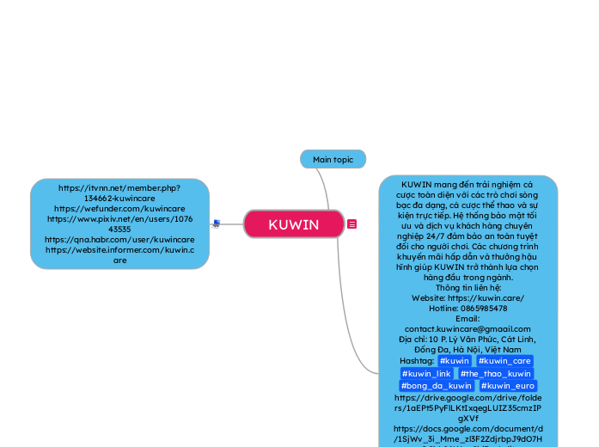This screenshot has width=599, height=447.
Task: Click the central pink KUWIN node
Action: click(x=293, y=224)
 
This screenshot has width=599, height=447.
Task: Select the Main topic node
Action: click(x=333, y=159)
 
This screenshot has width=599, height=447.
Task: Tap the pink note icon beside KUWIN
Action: click(x=352, y=224)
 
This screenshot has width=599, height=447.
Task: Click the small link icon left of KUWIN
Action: click(x=217, y=223)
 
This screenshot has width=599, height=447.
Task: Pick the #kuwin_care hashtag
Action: click(x=504, y=361)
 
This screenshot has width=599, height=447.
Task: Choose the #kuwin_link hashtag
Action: click(x=426, y=374)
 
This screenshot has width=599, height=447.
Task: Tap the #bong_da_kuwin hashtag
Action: click(x=436, y=386)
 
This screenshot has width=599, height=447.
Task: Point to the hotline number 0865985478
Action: click(x=468, y=308)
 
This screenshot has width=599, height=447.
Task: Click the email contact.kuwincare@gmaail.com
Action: click(x=468, y=328)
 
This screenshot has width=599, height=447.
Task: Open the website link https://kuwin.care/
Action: click(x=468, y=297)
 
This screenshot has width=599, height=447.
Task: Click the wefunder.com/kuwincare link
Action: click(x=119, y=208)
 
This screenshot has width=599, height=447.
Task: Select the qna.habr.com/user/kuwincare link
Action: click(x=119, y=240)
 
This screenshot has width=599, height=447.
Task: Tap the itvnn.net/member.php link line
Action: click(x=119, y=187)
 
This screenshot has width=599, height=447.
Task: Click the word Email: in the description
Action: click(x=468, y=318)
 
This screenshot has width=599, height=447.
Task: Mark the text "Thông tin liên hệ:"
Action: click(x=468, y=288)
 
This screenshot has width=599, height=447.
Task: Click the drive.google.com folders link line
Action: click(x=468, y=398)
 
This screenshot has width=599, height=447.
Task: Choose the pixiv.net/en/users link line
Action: click(x=119, y=219)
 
